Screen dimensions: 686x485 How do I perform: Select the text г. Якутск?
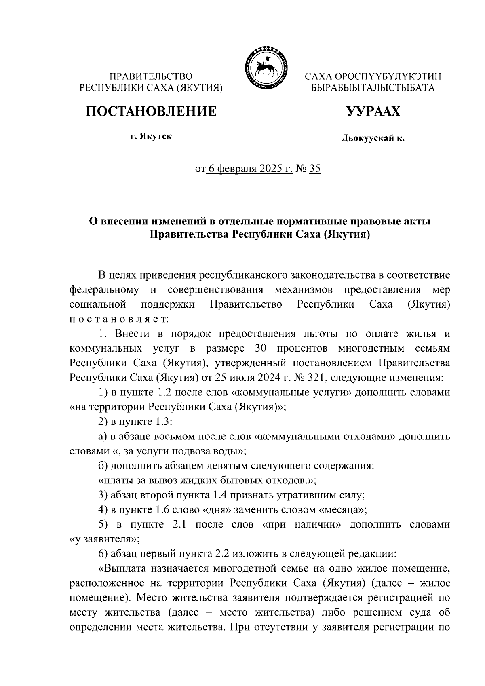point(151,136)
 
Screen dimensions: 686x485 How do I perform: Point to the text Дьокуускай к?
point(373,139)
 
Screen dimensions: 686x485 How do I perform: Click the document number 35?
point(314,169)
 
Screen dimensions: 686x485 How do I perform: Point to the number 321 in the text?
point(319,378)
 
